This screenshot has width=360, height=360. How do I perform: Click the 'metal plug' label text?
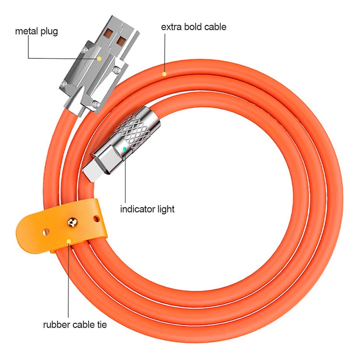[36, 31]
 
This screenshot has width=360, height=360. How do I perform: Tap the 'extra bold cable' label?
[194, 27]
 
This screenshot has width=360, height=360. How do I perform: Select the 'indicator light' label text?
[147, 209]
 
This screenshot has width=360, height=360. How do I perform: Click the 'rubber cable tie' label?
[75, 324]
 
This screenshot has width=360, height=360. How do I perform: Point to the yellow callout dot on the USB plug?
[99, 59]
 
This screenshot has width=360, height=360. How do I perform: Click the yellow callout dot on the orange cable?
[164, 74]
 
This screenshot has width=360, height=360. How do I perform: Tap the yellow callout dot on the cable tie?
[69, 241]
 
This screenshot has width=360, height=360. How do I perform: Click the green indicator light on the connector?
[124, 149]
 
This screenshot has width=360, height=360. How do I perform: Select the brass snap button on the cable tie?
[72, 223]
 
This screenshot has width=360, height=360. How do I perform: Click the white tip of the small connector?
[90, 171]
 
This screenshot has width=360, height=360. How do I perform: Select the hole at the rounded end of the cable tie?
[46, 232]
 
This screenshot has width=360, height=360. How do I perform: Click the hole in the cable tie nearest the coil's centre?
[96, 219]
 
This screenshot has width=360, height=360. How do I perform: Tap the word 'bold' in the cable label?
[193, 27]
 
